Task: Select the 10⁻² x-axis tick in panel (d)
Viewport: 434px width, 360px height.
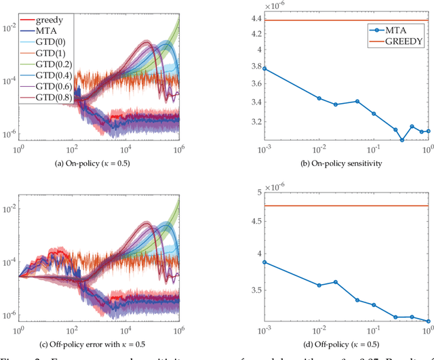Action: point(319,332)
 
